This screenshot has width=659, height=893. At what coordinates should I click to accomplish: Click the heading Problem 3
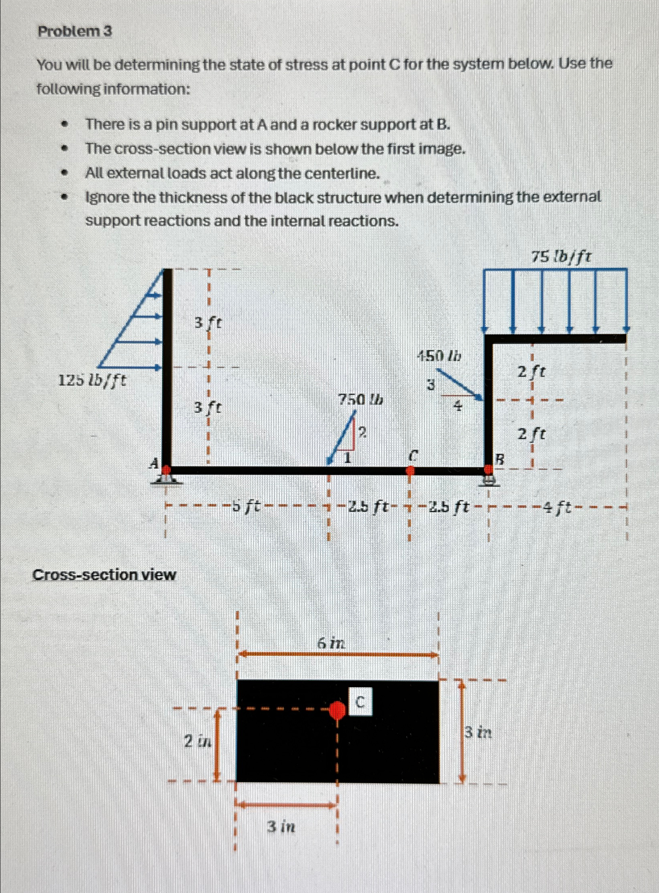(x=75, y=31)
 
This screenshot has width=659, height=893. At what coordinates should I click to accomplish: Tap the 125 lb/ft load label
(x=92, y=380)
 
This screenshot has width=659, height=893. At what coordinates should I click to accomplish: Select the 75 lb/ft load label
(x=561, y=256)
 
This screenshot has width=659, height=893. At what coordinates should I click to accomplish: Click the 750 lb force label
(x=360, y=400)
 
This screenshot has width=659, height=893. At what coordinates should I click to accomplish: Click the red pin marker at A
(x=166, y=470)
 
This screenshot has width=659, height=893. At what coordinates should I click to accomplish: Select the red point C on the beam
(x=410, y=470)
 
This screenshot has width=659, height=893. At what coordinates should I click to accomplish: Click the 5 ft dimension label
(x=246, y=505)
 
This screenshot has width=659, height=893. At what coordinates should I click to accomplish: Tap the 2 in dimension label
(x=197, y=741)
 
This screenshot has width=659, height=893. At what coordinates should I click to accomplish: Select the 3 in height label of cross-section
(x=478, y=732)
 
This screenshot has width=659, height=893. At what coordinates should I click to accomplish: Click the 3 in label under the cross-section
(x=281, y=827)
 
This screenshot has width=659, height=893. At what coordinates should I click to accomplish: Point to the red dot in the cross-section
(x=337, y=710)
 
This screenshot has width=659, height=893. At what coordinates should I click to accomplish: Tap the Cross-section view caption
(x=104, y=575)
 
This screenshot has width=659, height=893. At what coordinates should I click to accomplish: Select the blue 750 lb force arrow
(x=342, y=437)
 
